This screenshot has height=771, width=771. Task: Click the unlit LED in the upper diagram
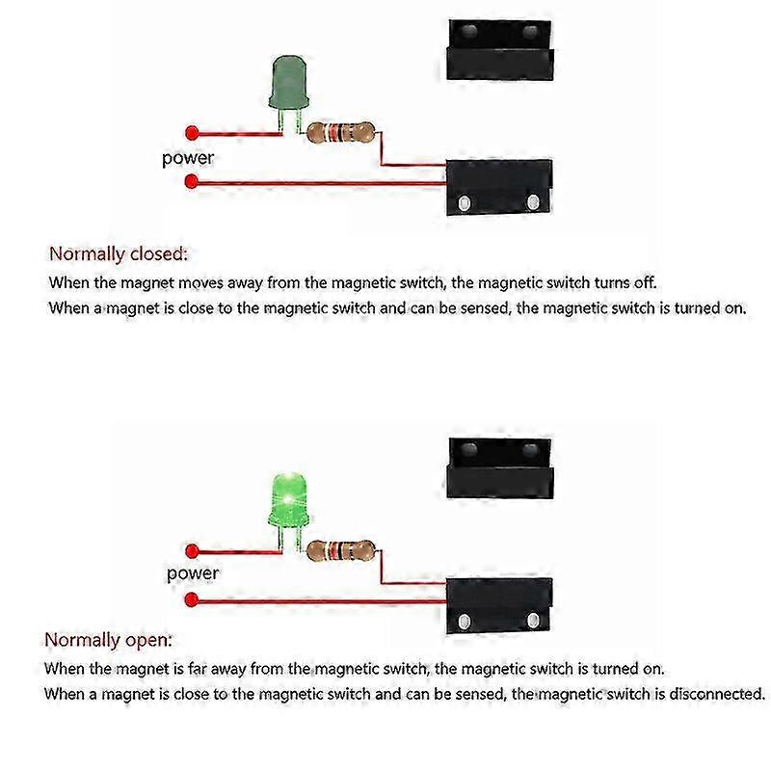pos(286,85)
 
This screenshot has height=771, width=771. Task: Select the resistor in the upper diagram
pos(339,132)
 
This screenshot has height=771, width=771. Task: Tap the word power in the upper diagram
pos(188,158)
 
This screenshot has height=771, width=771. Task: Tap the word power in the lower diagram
pos(192,574)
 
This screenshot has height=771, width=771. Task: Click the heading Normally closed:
pos(119,254)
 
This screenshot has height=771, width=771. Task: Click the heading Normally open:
pos(109,640)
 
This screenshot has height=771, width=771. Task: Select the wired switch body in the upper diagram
pos(498,188)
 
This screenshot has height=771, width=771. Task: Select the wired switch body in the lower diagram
pos(498,604)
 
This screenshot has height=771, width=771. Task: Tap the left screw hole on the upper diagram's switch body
pos(465,202)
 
